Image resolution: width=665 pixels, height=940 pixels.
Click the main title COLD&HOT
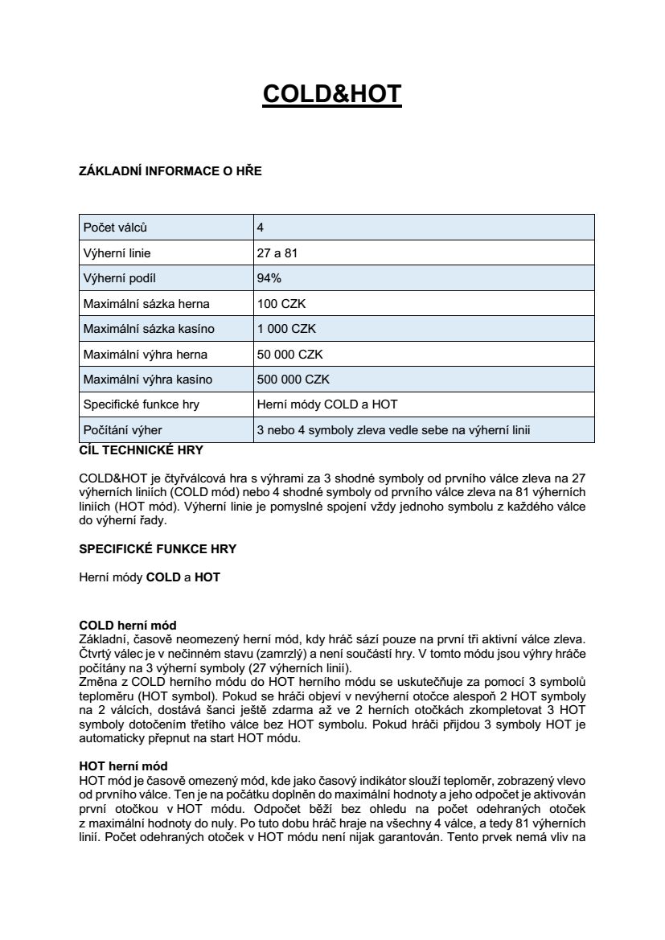tap(332, 94)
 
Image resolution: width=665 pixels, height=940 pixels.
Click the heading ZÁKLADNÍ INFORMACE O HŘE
tap(170, 170)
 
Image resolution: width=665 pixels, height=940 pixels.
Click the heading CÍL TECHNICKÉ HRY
tap(141, 449)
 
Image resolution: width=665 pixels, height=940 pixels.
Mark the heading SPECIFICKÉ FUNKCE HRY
tap(158, 549)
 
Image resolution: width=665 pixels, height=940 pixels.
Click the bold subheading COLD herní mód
tap(127, 625)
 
